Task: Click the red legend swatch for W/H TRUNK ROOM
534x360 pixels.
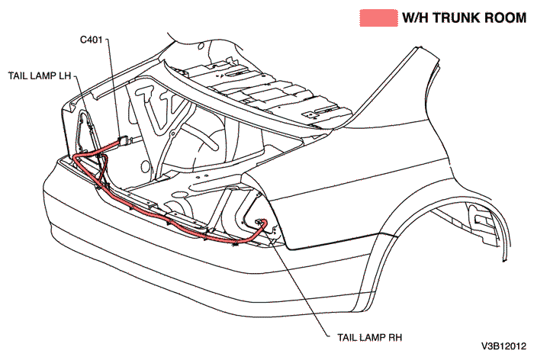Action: [378, 18]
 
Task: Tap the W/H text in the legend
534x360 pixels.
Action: [416, 18]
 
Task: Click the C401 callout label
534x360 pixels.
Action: [95, 38]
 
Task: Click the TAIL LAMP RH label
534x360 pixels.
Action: [368, 336]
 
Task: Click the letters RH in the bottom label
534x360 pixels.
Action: [394, 336]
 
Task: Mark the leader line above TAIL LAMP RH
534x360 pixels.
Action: [305, 282]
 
